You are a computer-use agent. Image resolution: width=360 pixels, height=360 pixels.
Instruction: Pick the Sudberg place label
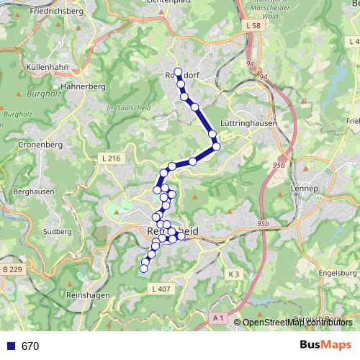[58, 233]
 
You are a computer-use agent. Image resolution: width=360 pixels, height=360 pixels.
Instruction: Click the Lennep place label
[305, 188]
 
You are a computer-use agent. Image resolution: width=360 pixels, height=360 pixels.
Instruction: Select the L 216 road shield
[112, 158]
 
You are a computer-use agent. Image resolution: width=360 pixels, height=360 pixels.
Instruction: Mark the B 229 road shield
[12, 269]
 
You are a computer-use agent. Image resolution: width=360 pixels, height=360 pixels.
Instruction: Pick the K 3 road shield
[233, 274]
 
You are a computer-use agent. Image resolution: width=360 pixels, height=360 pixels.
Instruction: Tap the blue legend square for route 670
[10, 346]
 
